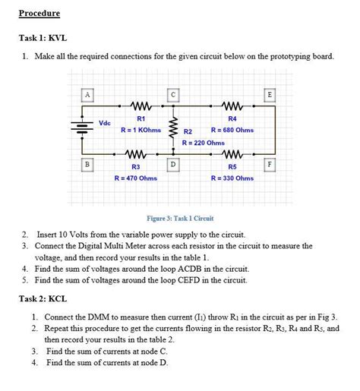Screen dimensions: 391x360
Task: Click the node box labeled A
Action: [88, 94]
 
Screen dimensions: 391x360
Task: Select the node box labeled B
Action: [88, 164]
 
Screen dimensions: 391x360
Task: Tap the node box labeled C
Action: [174, 94]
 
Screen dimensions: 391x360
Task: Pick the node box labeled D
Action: [174, 164]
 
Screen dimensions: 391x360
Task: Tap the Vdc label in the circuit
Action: [106, 123]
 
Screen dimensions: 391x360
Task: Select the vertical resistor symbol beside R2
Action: [173, 128]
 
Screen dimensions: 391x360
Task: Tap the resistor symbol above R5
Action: [232, 154]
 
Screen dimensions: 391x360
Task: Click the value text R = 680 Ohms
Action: [232, 130]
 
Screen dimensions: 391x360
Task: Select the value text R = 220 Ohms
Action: [203, 142]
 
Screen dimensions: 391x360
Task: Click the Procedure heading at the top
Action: [39, 14]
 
